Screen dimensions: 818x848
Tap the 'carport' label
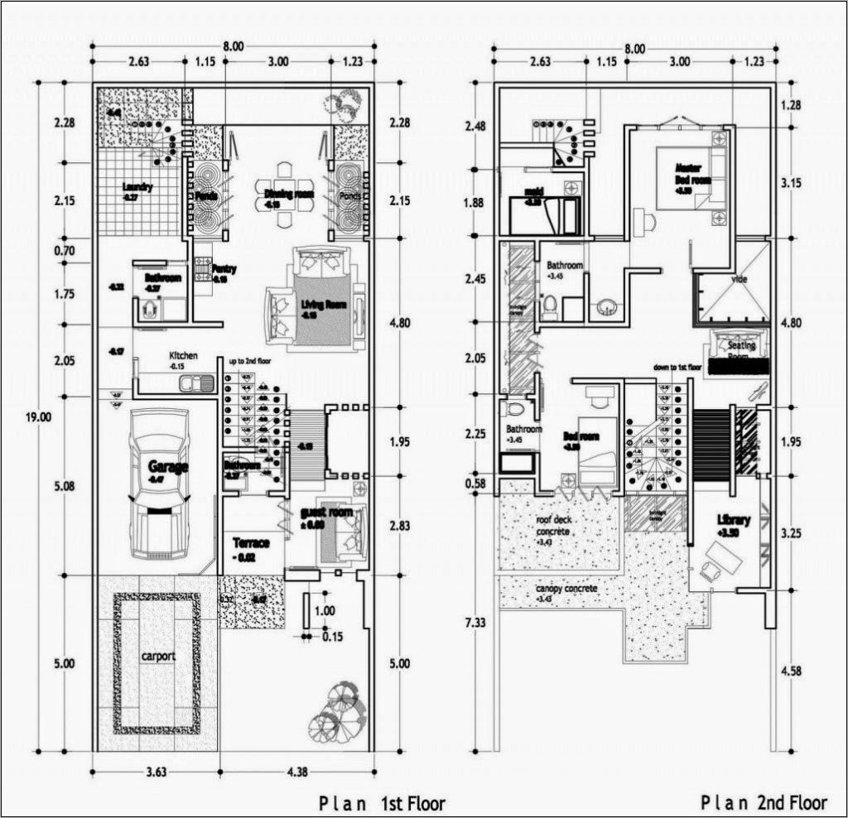(157, 656)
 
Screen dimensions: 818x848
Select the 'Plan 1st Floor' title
(382, 803)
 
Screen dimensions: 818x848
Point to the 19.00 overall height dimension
(38, 416)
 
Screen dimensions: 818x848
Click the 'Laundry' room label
(137, 188)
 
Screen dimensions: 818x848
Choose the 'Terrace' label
(251, 543)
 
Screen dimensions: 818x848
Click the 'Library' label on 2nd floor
(733, 520)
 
